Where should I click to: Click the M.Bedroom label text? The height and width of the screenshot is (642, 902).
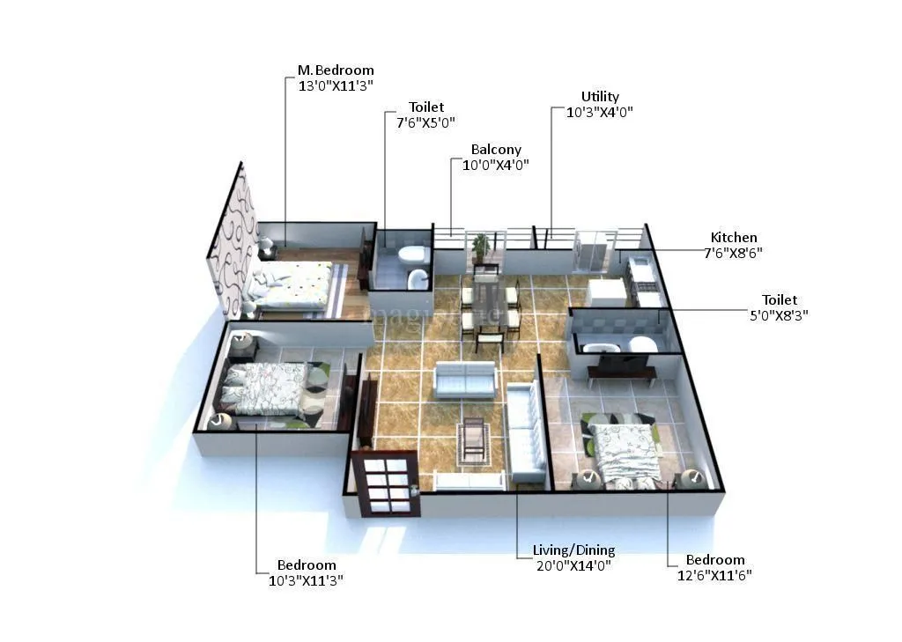click(x=335, y=70)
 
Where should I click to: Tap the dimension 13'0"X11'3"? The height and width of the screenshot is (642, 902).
click(x=335, y=86)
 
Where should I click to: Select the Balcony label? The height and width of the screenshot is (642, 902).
click(x=496, y=150)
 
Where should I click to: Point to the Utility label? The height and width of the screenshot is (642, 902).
click(x=600, y=96)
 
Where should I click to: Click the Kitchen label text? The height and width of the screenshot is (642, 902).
click(x=734, y=238)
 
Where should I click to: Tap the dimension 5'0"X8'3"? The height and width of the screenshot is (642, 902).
click(x=773, y=314)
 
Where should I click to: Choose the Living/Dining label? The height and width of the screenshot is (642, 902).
click(x=573, y=550)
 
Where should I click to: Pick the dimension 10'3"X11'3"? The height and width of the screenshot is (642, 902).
click(x=307, y=579)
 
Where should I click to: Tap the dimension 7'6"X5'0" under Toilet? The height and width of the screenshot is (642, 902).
click(x=425, y=122)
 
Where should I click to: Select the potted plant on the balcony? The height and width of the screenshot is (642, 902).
click(x=480, y=247)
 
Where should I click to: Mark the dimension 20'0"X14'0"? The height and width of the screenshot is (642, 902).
click(x=573, y=565)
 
